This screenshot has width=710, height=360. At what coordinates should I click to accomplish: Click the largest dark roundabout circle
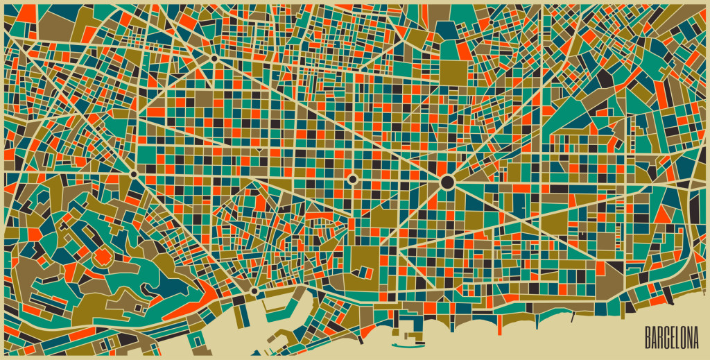pyautogui.click(x=447, y=182)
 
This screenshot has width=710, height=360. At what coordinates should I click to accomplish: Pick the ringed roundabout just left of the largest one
pyautogui.click(x=352, y=179)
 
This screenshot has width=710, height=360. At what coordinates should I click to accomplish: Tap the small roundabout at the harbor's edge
pyautogui.click(x=254, y=291)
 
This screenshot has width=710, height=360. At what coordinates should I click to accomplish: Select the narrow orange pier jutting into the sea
pyautogui.click(x=498, y=320)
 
